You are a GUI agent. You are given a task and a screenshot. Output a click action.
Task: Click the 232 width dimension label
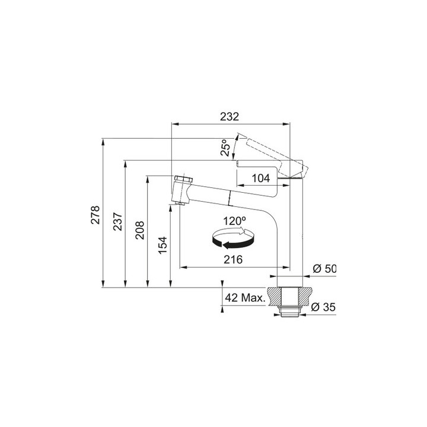click(x=230, y=117)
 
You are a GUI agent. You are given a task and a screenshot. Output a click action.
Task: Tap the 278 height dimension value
click(x=95, y=215)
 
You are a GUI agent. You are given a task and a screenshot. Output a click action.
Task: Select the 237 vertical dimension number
click(x=118, y=221)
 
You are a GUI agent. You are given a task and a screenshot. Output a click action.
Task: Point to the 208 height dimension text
click(x=140, y=230)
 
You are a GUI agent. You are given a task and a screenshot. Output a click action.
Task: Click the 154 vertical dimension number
click(x=163, y=246)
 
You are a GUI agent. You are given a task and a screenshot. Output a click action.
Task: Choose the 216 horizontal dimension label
click(x=233, y=260)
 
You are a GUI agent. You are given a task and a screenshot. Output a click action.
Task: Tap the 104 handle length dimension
click(x=261, y=178)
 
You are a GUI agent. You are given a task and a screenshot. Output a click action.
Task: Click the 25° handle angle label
click(x=226, y=148)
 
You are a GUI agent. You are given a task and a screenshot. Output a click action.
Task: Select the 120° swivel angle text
click(x=235, y=221)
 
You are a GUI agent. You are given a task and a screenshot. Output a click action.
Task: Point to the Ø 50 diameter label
click(x=324, y=269)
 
